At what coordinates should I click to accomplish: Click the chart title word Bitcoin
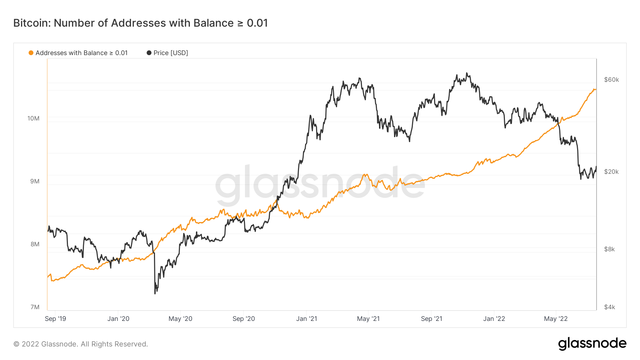(32, 23)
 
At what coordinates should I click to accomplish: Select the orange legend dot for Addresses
(31, 53)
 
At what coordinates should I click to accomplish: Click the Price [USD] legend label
(171, 53)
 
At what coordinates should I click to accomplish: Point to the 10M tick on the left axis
(33, 118)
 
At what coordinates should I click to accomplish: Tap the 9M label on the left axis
(35, 181)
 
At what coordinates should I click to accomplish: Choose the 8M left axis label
(35, 244)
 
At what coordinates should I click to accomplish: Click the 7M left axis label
(35, 307)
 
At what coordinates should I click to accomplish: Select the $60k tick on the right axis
(612, 80)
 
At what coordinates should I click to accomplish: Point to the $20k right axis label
(612, 172)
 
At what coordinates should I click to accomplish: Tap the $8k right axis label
(609, 249)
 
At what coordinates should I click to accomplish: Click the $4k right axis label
(609, 307)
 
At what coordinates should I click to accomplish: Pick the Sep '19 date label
(55, 319)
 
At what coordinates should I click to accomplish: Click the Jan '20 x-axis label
(118, 319)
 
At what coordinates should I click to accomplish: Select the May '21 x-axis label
(368, 319)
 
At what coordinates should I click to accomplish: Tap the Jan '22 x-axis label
(494, 319)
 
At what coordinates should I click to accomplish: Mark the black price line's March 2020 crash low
(155, 293)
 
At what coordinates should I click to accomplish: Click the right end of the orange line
(596, 90)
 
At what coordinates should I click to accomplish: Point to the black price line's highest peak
(467, 73)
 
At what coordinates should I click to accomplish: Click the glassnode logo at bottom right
(592, 344)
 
